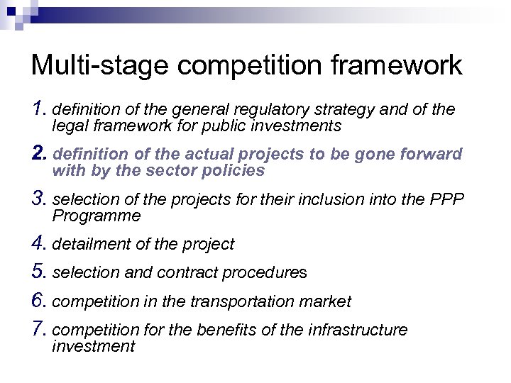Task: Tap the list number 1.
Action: (38, 109)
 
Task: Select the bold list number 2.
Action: (38, 153)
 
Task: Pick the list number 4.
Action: (38, 243)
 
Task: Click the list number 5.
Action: (38, 272)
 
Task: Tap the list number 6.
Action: (38, 301)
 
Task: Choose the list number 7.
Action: (38, 330)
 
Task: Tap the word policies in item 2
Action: (233, 171)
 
